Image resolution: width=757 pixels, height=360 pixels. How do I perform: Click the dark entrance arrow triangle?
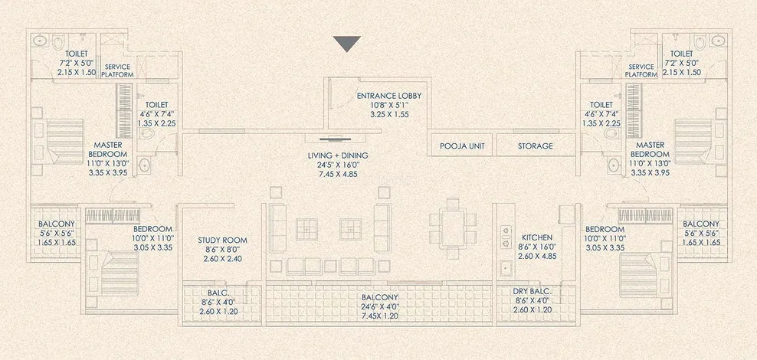(347, 44)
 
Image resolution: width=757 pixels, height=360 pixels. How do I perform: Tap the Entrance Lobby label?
(388, 96)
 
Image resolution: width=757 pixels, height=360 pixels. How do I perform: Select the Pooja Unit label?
(460, 146)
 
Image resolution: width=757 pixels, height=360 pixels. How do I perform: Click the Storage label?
(535, 146)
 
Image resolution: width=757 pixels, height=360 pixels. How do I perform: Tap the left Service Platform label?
(118, 70)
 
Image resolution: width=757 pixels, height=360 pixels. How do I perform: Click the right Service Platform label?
(641, 70)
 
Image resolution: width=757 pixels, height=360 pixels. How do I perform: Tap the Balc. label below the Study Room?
(209, 293)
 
